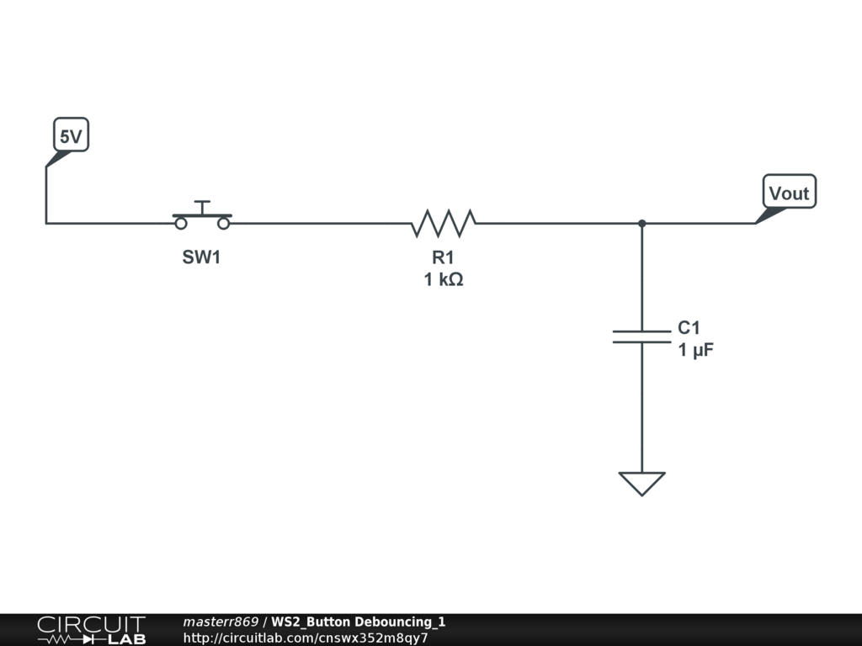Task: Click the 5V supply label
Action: click(x=72, y=136)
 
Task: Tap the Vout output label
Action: click(x=789, y=193)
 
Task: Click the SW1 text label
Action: click(x=201, y=258)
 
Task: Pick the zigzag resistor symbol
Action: click(x=444, y=223)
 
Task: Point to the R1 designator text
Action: click(x=443, y=258)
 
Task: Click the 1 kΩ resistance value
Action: click(x=443, y=280)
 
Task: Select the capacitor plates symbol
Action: click(x=641, y=336)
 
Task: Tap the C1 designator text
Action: click(x=689, y=328)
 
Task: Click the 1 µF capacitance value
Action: click(x=696, y=351)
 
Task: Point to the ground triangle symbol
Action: click(x=641, y=483)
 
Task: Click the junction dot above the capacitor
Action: click(x=641, y=223)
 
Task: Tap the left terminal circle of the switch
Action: click(x=180, y=224)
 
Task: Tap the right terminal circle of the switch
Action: click(x=224, y=224)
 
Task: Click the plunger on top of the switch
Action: click(x=202, y=206)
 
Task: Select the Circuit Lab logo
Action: click(x=91, y=630)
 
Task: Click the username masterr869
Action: click(x=221, y=622)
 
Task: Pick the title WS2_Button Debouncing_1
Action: click(x=359, y=622)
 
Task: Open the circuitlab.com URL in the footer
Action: click(x=306, y=638)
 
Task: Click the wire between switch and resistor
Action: click(x=320, y=223)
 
